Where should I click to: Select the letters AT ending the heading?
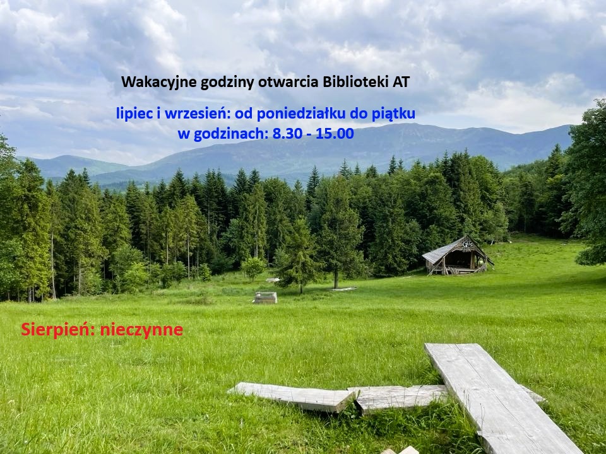401,82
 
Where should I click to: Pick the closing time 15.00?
335,134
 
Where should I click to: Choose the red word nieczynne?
141,330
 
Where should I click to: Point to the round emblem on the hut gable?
467,243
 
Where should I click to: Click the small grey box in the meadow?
266,298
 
